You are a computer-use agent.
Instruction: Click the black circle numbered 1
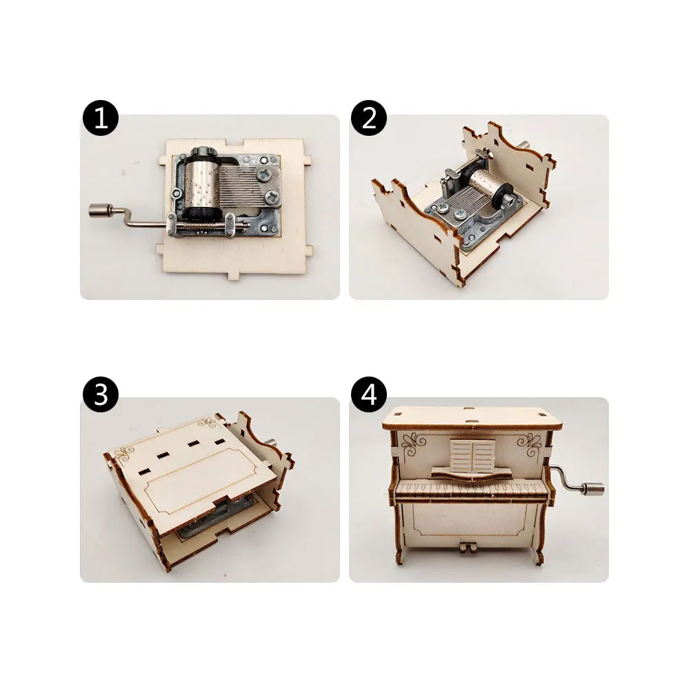pos(101,119)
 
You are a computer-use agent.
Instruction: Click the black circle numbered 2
pos(369,119)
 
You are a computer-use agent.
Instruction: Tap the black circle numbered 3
pos(101,396)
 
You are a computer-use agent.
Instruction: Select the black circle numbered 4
pos(369,396)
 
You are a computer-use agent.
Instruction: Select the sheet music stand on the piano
pos(473,458)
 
